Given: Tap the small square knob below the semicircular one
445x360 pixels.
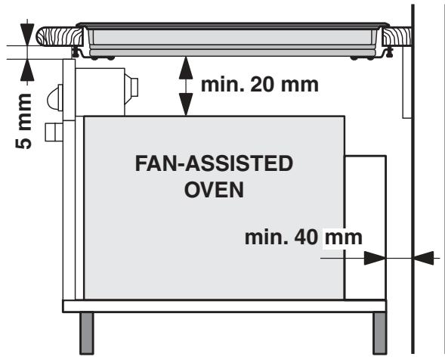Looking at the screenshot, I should [51, 132].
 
